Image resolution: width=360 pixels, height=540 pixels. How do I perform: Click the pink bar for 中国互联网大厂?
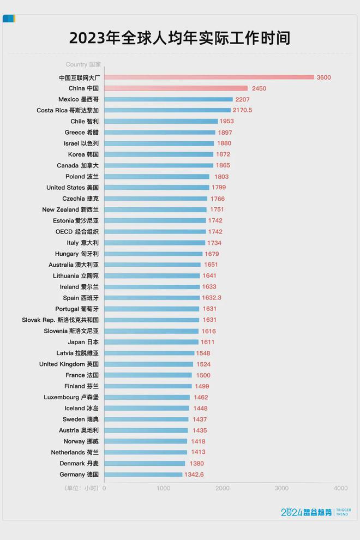click(x=209, y=77)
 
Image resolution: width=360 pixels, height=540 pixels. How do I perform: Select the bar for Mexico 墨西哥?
click(x=168, y=99)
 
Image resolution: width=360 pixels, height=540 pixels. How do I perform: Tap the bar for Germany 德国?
click(x=143, y=475)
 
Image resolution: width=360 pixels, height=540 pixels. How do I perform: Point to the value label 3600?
click(x=323, y=77)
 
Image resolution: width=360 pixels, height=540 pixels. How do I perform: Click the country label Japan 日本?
click(x=83, y=342)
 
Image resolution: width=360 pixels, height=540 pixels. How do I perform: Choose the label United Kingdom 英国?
click(x=69, y=364)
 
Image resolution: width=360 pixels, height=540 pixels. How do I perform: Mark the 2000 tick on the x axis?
click(x=223, y=488)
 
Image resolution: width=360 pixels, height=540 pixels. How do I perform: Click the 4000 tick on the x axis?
click(x=340, y=488)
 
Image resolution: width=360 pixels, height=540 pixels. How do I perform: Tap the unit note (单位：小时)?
click(x=81, y=488)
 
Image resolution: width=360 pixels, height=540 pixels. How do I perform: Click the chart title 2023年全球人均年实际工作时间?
click(x=179, y=38)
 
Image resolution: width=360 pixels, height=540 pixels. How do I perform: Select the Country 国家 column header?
click(x=83, y=64)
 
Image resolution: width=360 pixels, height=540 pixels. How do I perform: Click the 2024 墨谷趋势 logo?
click(x=316, y=512)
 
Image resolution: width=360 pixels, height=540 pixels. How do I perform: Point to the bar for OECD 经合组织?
click(x=155, y=232)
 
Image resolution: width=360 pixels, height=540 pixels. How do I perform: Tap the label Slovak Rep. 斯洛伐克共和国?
click(x=60, y=320)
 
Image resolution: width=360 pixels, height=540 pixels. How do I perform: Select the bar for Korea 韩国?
click(x=158, y=154)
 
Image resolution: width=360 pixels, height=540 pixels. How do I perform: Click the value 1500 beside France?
click(x=203, y=375)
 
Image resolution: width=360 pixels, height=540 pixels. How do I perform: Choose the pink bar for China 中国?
click(x=176, y=88)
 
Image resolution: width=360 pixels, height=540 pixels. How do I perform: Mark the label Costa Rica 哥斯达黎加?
click(x=68, y=110)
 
